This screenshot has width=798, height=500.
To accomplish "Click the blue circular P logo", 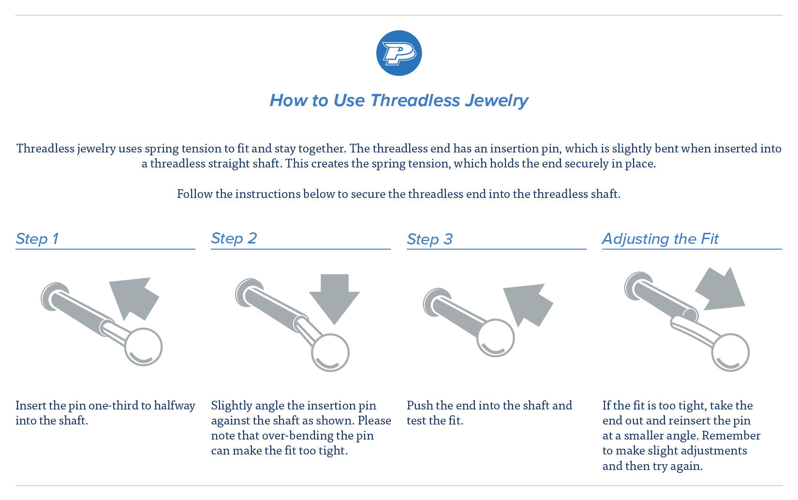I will click(399, 53).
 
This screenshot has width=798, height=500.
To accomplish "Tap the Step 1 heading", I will click(37, 239).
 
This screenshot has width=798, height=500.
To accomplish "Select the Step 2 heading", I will click(234, 238).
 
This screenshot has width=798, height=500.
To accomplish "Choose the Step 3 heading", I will click(429, 239).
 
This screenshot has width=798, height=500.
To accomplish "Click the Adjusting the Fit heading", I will click(660, 239).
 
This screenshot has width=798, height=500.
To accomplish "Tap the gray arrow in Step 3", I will click(528, 303).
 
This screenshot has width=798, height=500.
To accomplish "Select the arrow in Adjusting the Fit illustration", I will click(721, 290).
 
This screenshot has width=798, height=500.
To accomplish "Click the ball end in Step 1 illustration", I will click(143, 347).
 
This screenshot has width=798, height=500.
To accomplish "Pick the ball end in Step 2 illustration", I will click(330, 352).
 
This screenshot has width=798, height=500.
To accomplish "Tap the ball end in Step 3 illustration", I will click(495, 338).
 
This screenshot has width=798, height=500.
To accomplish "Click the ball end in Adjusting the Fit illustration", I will click(730, 352).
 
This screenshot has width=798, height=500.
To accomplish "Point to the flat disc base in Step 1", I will click(51, 296).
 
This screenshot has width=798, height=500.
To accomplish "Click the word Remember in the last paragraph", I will click(731, 436).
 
